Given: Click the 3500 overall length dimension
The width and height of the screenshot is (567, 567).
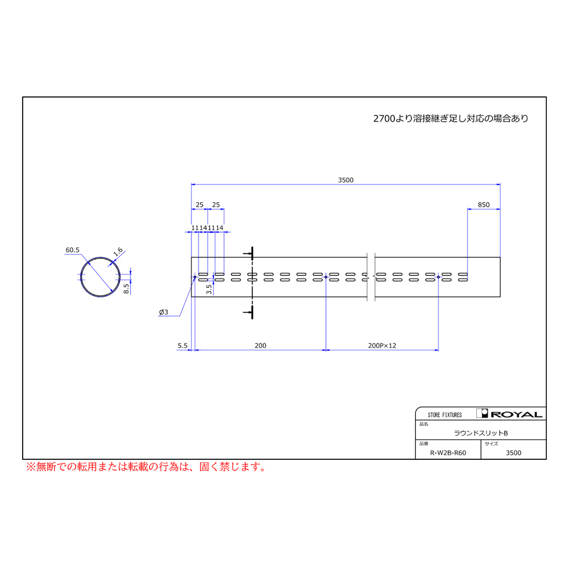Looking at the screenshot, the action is (x=346, y=180).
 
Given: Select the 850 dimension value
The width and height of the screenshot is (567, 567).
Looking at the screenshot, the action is (x=483, y=205).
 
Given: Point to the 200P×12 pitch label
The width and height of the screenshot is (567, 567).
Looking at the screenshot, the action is (x=382, y=345).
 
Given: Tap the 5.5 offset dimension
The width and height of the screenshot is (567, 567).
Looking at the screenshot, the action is (x=183, y=345).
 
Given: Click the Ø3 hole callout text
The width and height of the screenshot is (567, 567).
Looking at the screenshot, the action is (x=163, y=312).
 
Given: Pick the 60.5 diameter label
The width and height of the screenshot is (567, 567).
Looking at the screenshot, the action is (x=72, y=250).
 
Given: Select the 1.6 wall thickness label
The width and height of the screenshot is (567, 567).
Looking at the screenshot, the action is (x=118, y=251).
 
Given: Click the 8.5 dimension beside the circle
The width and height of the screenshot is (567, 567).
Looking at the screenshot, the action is (x=126, y=288).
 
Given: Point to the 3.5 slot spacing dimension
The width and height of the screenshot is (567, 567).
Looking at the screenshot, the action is (x=209, y=289).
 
